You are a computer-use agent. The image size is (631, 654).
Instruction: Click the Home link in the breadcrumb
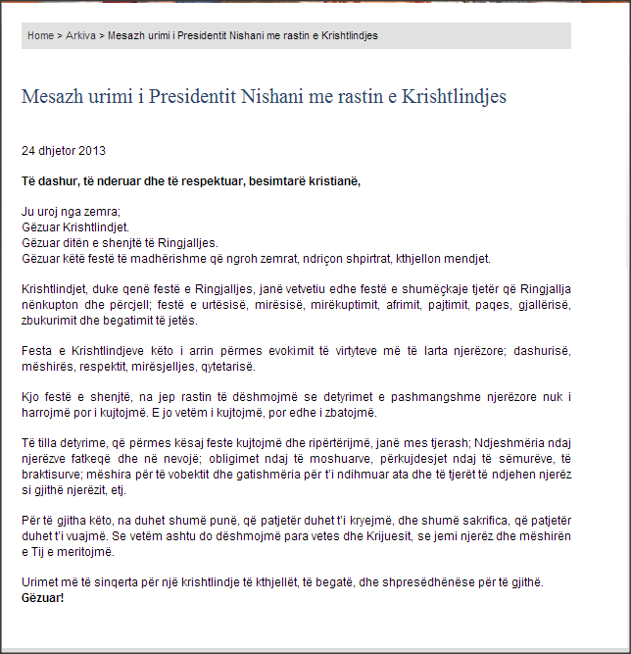click(x=40, y=35)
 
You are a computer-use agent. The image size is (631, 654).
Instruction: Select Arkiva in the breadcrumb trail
click(x=80, y=35)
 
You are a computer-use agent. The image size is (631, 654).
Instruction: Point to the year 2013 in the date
click(x=92, y=151)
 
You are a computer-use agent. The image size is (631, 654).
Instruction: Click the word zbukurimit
click(x=49, y=321)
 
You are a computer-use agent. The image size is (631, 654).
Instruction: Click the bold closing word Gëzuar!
click(x=42, y=597)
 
